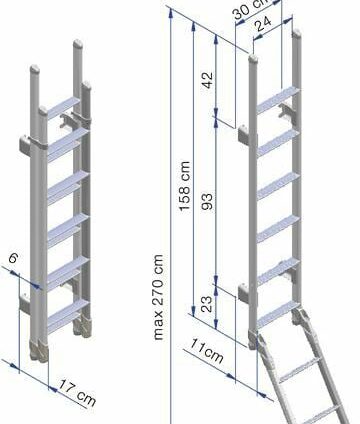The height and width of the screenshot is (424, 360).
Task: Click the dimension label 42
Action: click(x=208, y=80)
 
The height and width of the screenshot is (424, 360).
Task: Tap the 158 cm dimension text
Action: click(x=184, y=186)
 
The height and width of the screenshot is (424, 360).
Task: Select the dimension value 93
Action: click(x=207, y=201)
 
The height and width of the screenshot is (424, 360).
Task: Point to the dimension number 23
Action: click(x=207, y=304)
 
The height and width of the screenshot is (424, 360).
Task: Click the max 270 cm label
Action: click(x=159, y=297)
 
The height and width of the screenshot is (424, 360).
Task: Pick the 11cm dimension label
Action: click(x=206, y=351)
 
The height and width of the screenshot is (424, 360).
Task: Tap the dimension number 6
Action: click(x=13, y=258)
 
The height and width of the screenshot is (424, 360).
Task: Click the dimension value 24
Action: click(x=264, y=23)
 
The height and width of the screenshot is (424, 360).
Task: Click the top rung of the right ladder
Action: click(x=278, y=99)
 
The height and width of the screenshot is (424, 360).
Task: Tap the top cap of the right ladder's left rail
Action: click(x=253, y=59)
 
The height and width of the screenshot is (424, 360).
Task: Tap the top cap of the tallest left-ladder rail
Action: click(x=78, y=44)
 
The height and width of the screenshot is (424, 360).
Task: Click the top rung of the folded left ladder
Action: click(x=63, y=107)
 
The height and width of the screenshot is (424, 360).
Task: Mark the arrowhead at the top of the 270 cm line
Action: click(x=171, y=13)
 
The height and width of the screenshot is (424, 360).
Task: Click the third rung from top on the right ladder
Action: click(x=278, y=185)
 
